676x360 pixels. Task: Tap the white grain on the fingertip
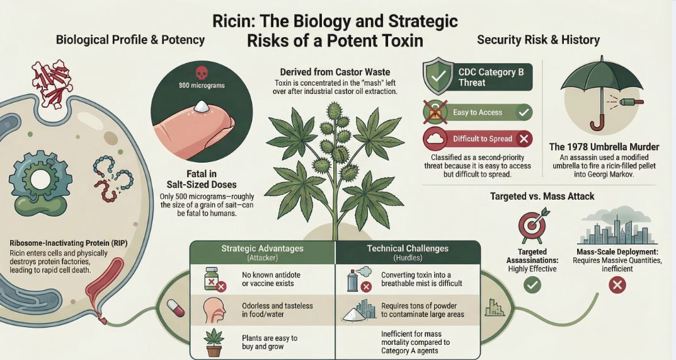[203, 108]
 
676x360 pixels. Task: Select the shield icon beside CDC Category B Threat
[438, 77]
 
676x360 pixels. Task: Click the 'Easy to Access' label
[478, 112]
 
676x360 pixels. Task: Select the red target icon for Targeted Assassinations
[530, 226]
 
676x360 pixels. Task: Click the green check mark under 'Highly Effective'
[532, 286]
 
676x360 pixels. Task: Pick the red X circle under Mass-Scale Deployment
[617, 286]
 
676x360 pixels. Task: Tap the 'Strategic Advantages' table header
[261, 248]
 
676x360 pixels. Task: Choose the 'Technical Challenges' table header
[408, 248]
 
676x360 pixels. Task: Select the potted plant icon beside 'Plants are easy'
[214, 341]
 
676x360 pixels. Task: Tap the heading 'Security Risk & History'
[538, 40]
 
